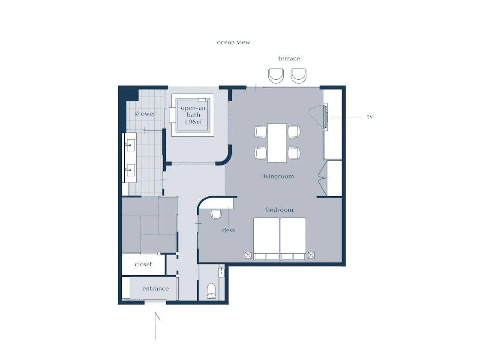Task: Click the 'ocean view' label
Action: coord(233,42)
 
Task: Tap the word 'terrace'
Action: coord(289,58)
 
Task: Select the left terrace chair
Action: coord(276,75)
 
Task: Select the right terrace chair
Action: coord(298,75)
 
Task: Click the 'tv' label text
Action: coord(370,116)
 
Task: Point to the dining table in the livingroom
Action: coord(277,143)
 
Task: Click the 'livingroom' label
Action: coord(278,176)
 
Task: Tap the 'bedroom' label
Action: coord(279,210)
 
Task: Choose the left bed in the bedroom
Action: coord(266,239)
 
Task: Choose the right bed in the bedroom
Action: coord(293,239)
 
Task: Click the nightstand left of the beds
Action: coord(248,255)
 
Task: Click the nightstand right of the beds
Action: coord(311,255)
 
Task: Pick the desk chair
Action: coord(216,215)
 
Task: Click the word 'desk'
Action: coord(229,230)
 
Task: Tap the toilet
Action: coord(212,291)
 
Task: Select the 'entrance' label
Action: coord(156,288)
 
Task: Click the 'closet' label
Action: coord(143,264)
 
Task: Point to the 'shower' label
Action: coord(145,114)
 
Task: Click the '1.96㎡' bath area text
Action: coord(193,122)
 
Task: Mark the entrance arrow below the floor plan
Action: coord(155,326)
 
